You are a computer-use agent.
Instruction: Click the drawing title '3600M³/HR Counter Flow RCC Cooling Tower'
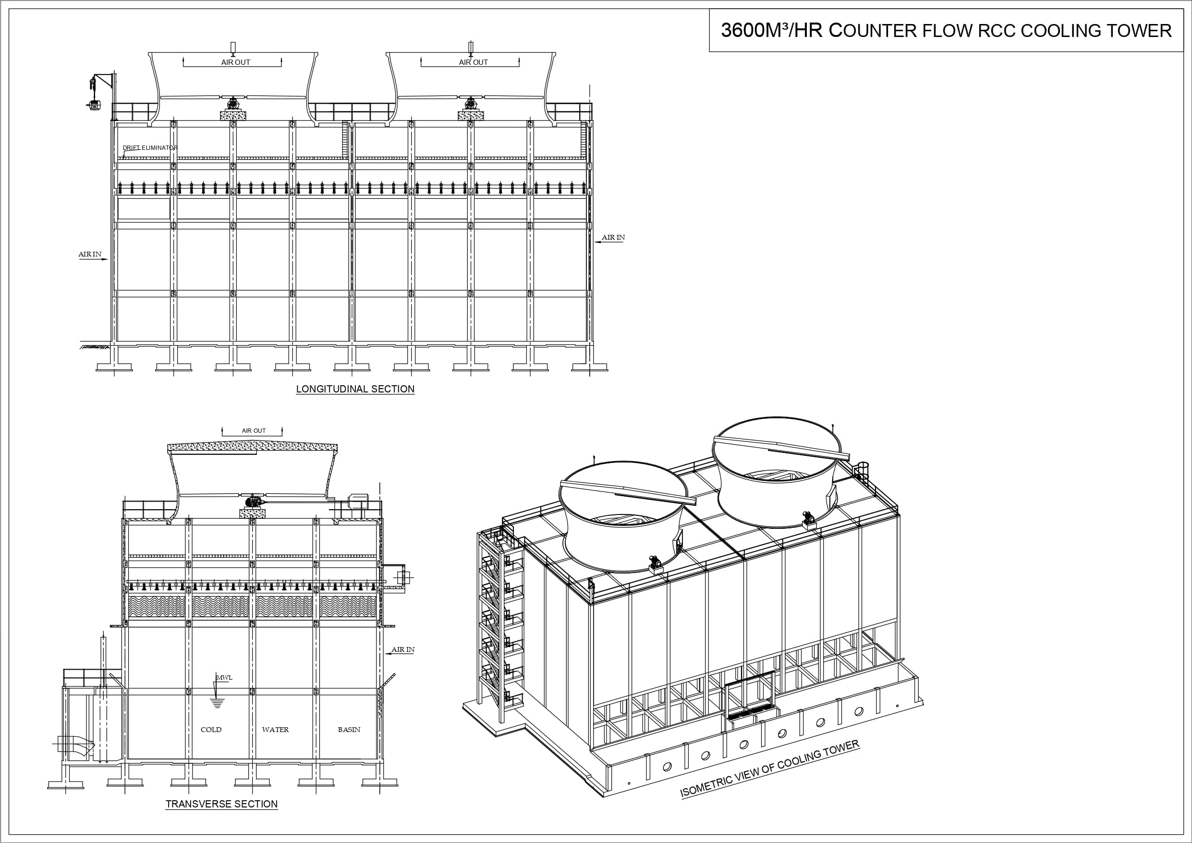pyautogui.click(x=946, y=31)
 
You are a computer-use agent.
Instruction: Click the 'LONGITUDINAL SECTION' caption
pyautogui.click(x=355, y=389)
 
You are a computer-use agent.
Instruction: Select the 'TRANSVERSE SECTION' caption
pyautogui.click(x=222, y=804)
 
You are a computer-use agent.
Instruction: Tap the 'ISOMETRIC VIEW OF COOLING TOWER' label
pyautogui.click(x=770, y=769)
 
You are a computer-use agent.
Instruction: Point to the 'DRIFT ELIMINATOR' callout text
pyautogui.click(x=150, y=148)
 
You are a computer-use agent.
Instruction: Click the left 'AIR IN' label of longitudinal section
pyautogui.click(x=90, y=255)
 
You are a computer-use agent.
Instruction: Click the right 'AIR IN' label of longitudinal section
pyautogui.click(x=613, y=238)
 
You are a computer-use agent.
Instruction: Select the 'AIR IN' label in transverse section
pyautogui.click(x=403, y=650)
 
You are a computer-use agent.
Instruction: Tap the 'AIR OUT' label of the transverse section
pyautogui.click(x=254, y=430)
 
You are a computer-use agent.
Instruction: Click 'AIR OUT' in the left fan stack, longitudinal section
pyautogui.click(x=235, y=62)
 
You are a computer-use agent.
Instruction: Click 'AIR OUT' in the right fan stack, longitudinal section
pyautogui.click(x=473, y=62)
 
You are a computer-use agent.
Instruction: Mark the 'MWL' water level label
pyautogui.click(x=224, y=678)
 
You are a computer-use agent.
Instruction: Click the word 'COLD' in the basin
pyautogui.click(x=211, y=730)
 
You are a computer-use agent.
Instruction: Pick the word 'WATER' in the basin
pyautogui.click(x=275, y=730)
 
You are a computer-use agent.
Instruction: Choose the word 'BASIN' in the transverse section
pyautogui.click(x=349, y=730)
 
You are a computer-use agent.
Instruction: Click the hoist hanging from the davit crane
pyautogui.click(x=94, y=104)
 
